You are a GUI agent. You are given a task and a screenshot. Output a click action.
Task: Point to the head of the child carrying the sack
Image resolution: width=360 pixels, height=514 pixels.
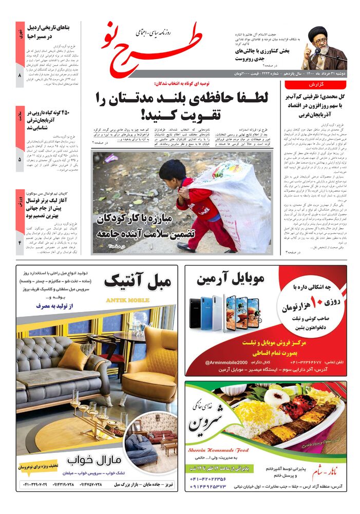[174, 171]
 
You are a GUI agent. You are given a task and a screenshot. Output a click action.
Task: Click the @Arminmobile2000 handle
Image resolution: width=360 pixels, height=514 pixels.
[229, 362]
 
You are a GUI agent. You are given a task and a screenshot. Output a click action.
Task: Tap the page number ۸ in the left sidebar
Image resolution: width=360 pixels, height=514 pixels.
[20, 76]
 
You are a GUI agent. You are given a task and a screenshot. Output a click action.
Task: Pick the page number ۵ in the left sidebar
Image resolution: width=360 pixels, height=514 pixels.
[20, 160]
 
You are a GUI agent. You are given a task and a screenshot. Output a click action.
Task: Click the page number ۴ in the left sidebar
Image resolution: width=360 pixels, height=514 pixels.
[20, 242]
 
